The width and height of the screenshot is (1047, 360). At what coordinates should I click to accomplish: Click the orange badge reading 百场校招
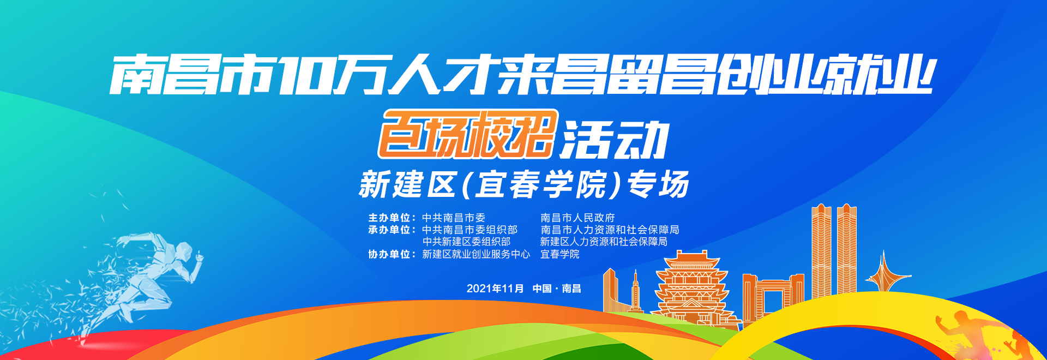[x=468, y=134]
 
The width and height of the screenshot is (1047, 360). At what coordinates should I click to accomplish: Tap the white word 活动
[x=615, y=140]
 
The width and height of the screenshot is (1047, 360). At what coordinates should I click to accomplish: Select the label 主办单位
[x=389, y=218]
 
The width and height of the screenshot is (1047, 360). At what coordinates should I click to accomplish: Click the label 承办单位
[x=389, y=230]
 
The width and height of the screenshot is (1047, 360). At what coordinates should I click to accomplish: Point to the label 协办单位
[x=389, y=254]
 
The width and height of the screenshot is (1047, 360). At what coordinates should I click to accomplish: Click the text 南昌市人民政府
[x=577, y=218]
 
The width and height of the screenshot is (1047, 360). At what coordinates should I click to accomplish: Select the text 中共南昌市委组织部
[x=470, y=230]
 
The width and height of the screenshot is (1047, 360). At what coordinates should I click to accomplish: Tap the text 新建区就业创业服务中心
[x=476, y=254]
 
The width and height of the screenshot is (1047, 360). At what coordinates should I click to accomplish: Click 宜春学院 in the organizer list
[x=560, y=254]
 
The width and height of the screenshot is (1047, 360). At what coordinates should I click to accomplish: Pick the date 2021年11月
[x=495, y=289]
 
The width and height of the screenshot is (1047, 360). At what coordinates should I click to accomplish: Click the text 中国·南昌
[x=557, y=289]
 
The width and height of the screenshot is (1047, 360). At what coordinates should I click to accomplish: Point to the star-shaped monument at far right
[x=883, y=273]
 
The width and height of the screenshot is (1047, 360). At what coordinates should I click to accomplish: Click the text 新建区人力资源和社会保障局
[x=604, y=242]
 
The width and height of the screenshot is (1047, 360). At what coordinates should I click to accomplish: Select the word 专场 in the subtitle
[x=658, y=184]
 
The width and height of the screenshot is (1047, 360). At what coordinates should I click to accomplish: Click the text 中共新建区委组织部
[x=466, y=242]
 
